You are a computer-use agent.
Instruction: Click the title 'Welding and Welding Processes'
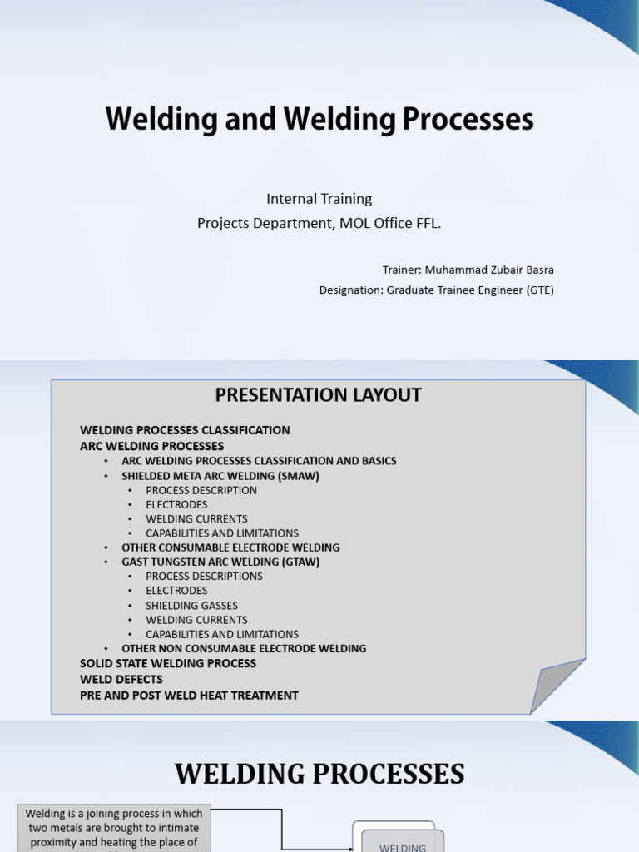tap(319, 120)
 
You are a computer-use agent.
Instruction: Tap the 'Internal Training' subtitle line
tap(319, 199)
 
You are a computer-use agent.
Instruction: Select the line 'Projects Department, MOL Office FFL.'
tap(319, 223)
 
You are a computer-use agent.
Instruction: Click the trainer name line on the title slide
tap(468, 270)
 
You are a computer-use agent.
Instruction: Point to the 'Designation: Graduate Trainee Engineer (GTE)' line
tap(436, 290)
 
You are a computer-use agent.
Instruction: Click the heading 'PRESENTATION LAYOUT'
tap(319, 395)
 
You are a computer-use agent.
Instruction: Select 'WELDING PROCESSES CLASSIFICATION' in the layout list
tap(185, 430)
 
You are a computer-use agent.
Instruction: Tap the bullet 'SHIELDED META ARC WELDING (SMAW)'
tap(220, 476)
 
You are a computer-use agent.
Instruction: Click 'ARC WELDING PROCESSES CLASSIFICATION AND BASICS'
tap(259, 461)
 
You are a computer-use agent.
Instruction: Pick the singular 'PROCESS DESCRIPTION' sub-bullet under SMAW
tap(201, 490)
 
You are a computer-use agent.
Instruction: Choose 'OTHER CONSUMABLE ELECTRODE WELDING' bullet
tap(230, 547)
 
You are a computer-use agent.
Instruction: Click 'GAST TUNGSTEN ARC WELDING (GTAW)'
tap(220, 562)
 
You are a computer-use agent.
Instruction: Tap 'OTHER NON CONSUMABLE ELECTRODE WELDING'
tap(244, 648)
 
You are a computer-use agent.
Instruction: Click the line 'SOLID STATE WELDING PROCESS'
tap(168, 663)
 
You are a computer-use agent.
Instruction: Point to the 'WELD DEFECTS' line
tap(121, 679)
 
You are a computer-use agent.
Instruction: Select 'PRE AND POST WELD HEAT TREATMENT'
tap(189, 695)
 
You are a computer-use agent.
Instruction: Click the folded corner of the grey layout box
tap(555, 686)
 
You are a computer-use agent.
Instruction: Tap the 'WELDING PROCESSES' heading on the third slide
tap(319, 775)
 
